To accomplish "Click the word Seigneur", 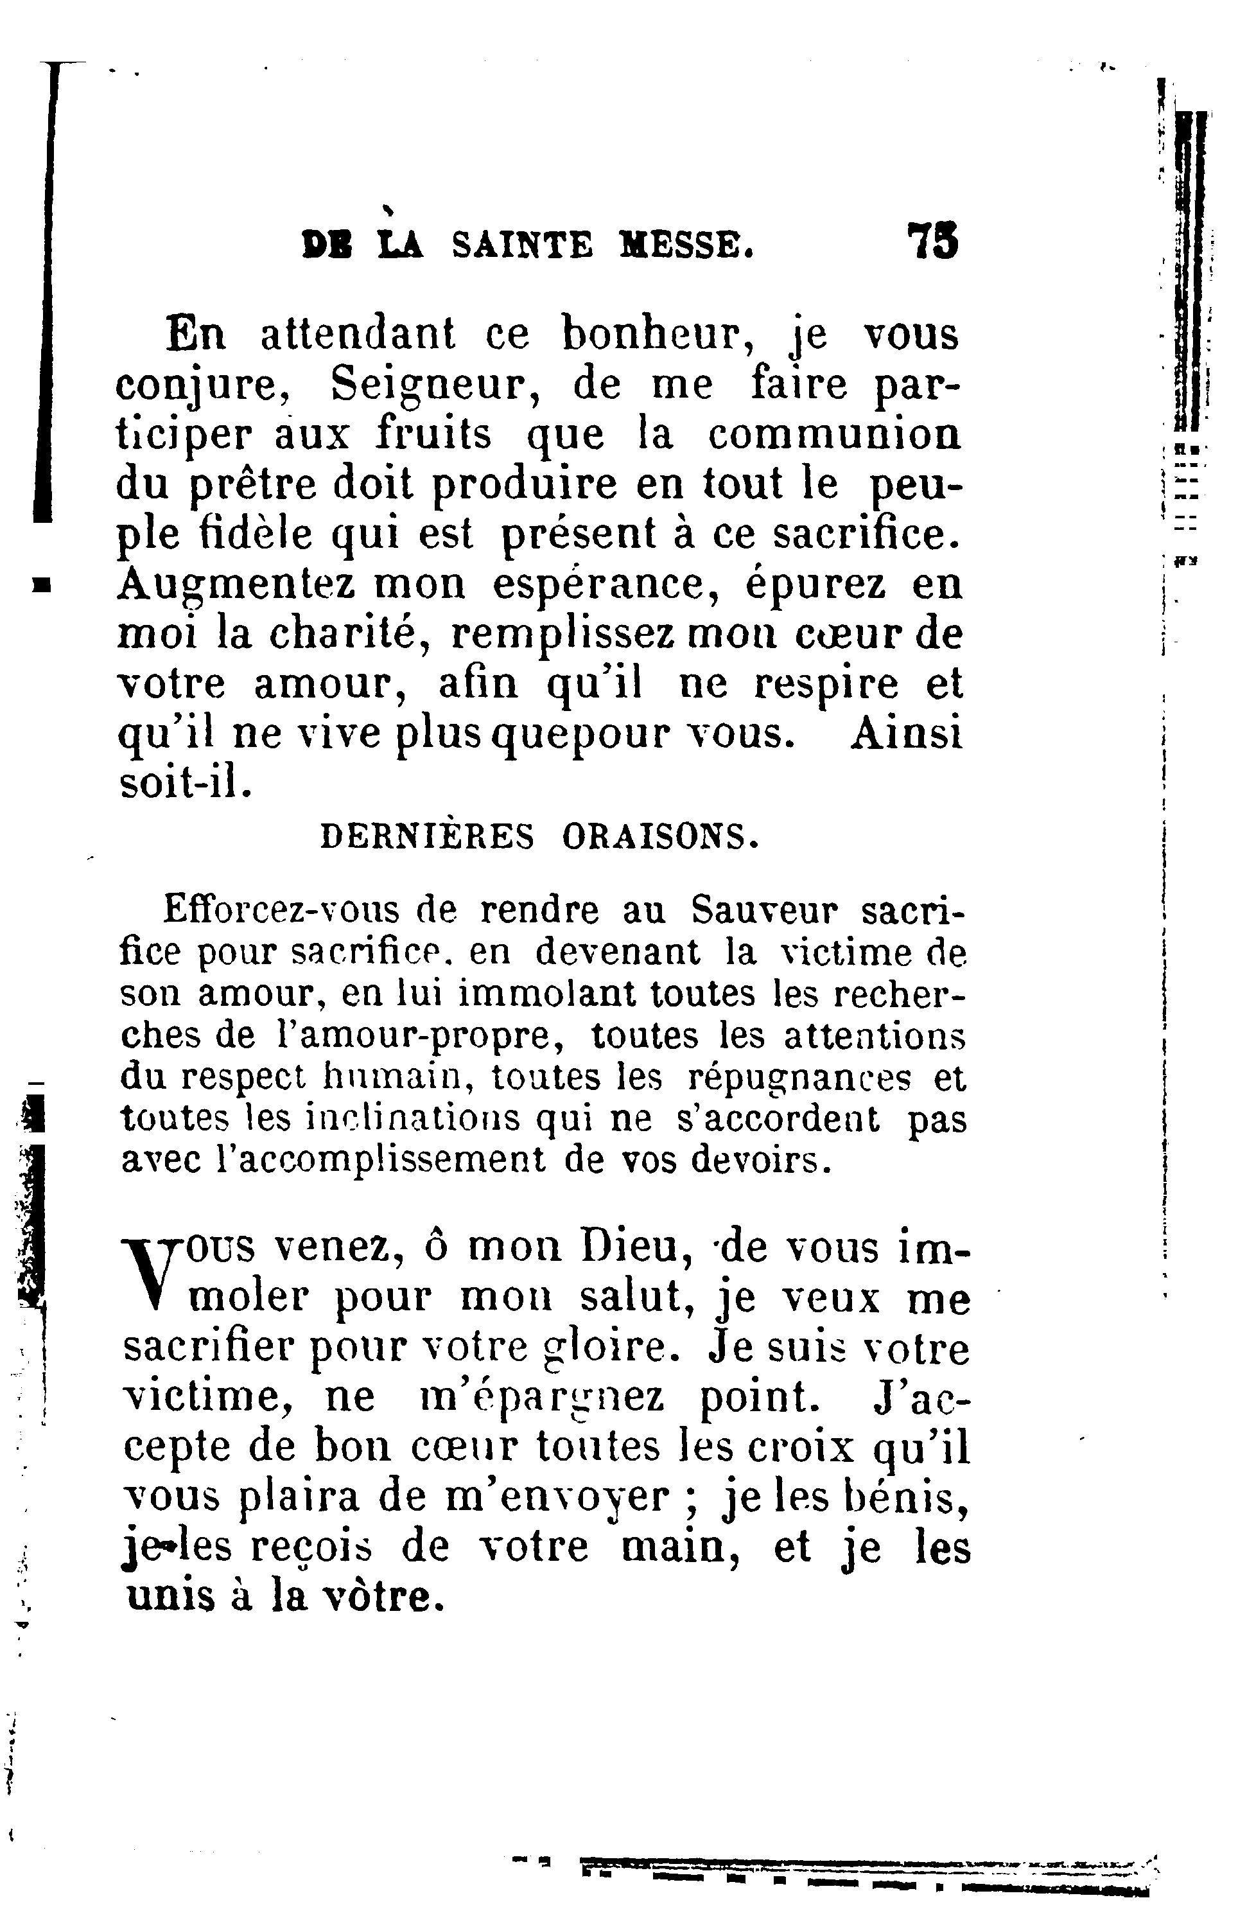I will (434, 386).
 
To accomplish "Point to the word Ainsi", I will (906, 734).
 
